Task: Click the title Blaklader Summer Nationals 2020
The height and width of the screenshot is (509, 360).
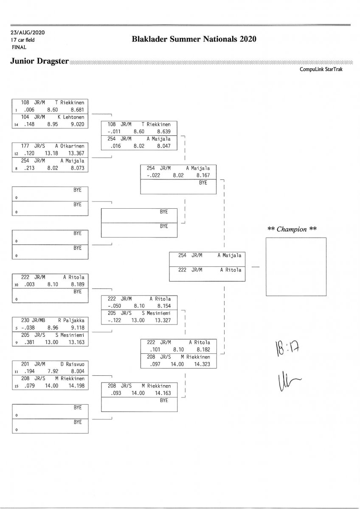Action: (x=194, y=39)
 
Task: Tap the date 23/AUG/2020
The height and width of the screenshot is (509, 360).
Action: (x=28, y=33)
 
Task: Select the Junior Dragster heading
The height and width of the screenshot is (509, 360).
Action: (x=39, y=61)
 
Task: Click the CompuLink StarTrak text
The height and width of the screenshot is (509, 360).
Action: (x=321, y=70)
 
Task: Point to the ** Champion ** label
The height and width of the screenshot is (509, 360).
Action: (x=292, y=229)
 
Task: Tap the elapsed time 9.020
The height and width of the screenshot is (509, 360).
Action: (x=77, y=124)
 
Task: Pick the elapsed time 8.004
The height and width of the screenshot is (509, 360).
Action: (x=77, y=371)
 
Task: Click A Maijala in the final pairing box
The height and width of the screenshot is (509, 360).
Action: (x=229, y=255)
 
